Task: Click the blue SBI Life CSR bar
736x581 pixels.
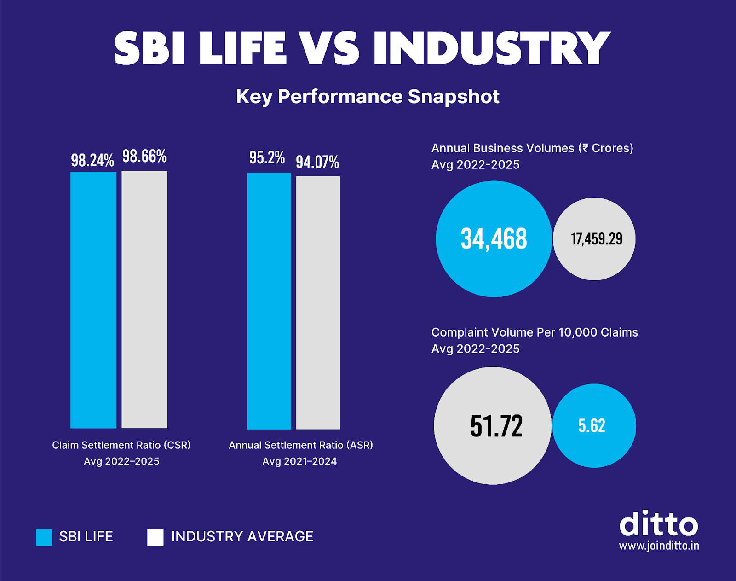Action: [93, 300]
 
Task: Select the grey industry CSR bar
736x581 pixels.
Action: [144, 300]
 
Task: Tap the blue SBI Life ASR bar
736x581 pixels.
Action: [269, 301]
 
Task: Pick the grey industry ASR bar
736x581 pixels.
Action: [318, 302]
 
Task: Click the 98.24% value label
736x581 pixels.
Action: [92, 160]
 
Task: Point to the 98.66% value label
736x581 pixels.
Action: [144, 156]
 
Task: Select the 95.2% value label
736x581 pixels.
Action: [267, 157]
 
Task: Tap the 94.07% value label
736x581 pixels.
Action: [317, 162]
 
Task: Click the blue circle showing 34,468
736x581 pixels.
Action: [494, 239]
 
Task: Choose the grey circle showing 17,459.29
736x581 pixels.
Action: [594, 239]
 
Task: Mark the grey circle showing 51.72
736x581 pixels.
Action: [493, 425]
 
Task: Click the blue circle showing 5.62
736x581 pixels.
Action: [594, 425]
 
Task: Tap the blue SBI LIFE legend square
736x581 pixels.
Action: [45, 537]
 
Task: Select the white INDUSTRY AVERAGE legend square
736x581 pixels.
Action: [155, 537]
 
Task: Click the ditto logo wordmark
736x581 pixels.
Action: [659, 524]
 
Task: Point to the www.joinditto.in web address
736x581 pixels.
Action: [659, 546]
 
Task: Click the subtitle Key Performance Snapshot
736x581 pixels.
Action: [368, 97]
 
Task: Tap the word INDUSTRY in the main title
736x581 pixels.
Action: [491, 48]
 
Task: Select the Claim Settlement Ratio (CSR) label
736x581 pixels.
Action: [121, 445]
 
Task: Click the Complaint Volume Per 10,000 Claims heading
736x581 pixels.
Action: [535, 332]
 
